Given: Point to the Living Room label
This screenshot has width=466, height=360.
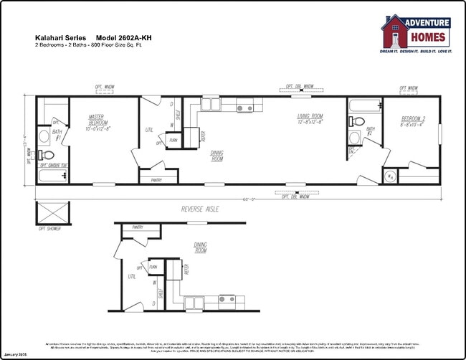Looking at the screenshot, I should tap(310, 119).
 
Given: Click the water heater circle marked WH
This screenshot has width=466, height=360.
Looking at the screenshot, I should tap(390, 176).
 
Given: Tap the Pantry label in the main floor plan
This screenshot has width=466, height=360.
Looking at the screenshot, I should tap(156, 180).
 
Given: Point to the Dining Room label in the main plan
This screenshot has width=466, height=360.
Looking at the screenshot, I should tap(218, 156).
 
